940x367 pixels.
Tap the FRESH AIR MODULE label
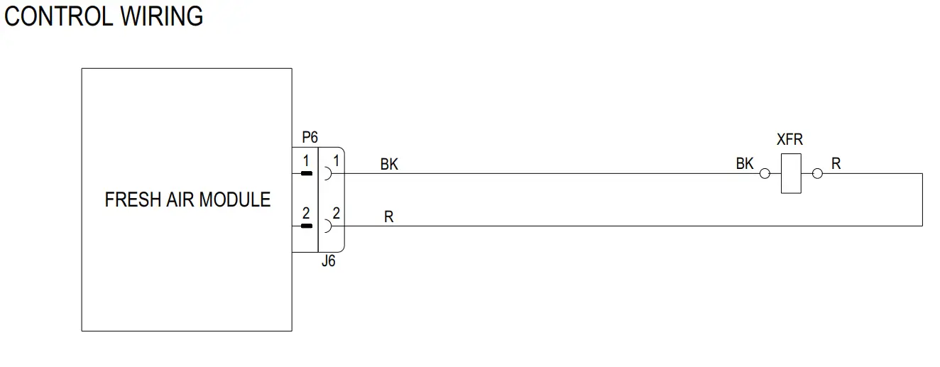pyautogui.click(x=187, y=199)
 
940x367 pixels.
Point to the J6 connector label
pyautogui.click(x=328, y=261)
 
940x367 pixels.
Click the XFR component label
pyautogui.click(x=789, y=140)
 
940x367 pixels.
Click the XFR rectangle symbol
pyautogui.click(x=791, y=172)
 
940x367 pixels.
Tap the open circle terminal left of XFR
pyautogui.click(x=765, y=173)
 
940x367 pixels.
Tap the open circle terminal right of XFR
pyautogui.click(x=817, y=173)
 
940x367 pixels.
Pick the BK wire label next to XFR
pyautogui.click(x=745, y=164)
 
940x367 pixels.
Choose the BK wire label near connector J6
pyautogui.click(x=389, y=165)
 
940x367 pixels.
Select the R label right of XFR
pyautogui.click(x=836, y=164)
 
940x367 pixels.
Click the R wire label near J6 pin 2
pyautogui.click(x=388, y=217)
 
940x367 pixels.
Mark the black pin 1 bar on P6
pyautogui.click(x=306, y=173)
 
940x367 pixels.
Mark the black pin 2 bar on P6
pyautogui.click(x=306, y=226)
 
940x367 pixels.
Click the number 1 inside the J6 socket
pyautogui.click(x=336, y=160)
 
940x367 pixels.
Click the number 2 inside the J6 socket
pyautogui.click(x=336, y=213)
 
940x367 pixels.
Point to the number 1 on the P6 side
pyautogui.click(x=306, y=160)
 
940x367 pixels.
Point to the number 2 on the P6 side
pyautogui.click(x=306, y=213)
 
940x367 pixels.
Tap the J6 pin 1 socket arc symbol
pyautogui.click(x=327, y=173)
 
